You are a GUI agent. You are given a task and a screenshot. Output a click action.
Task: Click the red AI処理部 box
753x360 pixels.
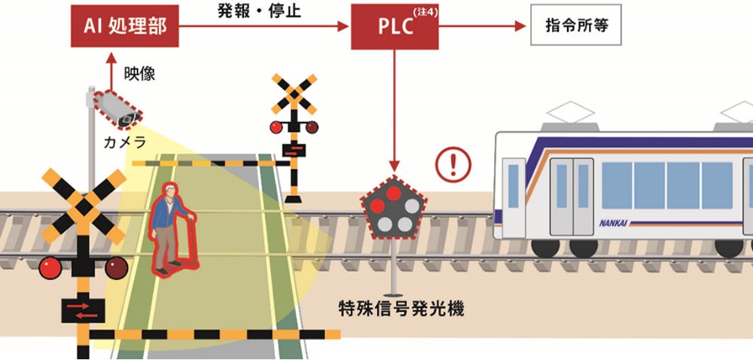[x=126, y=28]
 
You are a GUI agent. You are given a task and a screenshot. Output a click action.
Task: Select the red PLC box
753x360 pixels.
[x=395, y=27]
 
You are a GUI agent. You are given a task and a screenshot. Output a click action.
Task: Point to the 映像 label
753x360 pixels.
[x=139, y=74]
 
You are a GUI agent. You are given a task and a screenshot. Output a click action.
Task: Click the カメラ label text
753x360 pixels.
[x=125, y=142]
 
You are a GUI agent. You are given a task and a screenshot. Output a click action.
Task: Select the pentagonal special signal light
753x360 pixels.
[x=394, y=208]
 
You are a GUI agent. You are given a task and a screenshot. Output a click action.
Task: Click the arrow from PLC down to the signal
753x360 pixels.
[x=394, y=113]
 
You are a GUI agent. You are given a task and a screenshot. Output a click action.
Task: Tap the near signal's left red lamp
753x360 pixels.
[x=51, y=266]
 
